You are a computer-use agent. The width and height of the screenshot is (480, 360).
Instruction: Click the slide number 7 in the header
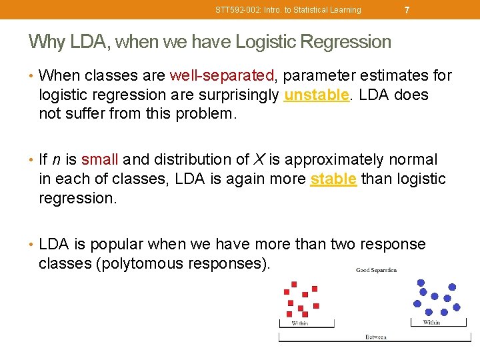[407, 10]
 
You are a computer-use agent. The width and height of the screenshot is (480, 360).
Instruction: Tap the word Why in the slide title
[46, 42]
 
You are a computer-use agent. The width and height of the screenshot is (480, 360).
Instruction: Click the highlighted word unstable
[316, 95]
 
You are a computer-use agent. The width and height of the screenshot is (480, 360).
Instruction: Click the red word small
[99, 160]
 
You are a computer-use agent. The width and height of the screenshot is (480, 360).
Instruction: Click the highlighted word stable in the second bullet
[333, 179]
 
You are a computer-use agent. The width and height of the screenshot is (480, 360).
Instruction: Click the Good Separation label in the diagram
[376, 270]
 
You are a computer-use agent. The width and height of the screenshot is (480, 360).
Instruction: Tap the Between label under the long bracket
[375, 337]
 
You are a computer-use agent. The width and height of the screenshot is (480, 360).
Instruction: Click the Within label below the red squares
[299, 323]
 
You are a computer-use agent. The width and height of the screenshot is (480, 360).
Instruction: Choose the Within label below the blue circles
[431, 323]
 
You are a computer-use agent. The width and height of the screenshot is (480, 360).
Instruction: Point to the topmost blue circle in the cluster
[421, 282]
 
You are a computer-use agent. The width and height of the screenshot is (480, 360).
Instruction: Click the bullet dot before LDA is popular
[31, 245]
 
